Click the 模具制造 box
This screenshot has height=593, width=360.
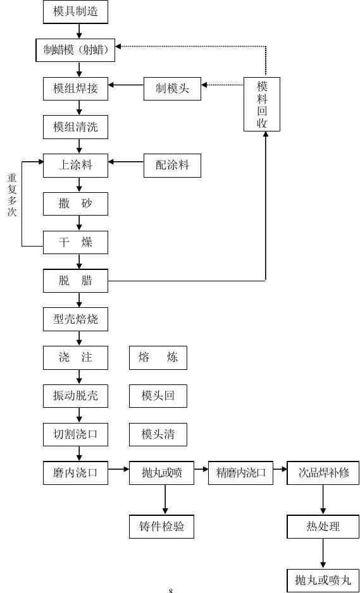[75, 12]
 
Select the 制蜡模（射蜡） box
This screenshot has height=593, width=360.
[75, 51]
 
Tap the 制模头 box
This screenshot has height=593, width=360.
[172, 89]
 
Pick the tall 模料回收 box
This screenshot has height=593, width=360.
[262, 104]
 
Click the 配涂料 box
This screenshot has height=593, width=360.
[172, 166]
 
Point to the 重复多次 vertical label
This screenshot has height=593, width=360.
[12, 195]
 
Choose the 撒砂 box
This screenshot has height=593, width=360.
[75, 204]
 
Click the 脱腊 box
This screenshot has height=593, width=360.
[75, 281]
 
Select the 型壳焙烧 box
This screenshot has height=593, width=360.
[75, 319]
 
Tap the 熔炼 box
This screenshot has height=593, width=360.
[158, 358]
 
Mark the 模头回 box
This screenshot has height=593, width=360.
[158, 396]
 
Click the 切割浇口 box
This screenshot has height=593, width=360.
[75, 434]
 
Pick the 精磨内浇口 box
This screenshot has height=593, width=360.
[241, 473]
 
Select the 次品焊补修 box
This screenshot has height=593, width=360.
[323, 473]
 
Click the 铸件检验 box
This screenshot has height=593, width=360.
[161, 527]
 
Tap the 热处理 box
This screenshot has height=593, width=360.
[323, 527]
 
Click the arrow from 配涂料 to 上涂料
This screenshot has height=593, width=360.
[126, 162]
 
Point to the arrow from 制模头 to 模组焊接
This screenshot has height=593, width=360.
[126, 85]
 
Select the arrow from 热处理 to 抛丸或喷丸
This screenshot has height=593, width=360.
[323, 553]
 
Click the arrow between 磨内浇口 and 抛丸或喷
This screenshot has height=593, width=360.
[118, 469]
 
